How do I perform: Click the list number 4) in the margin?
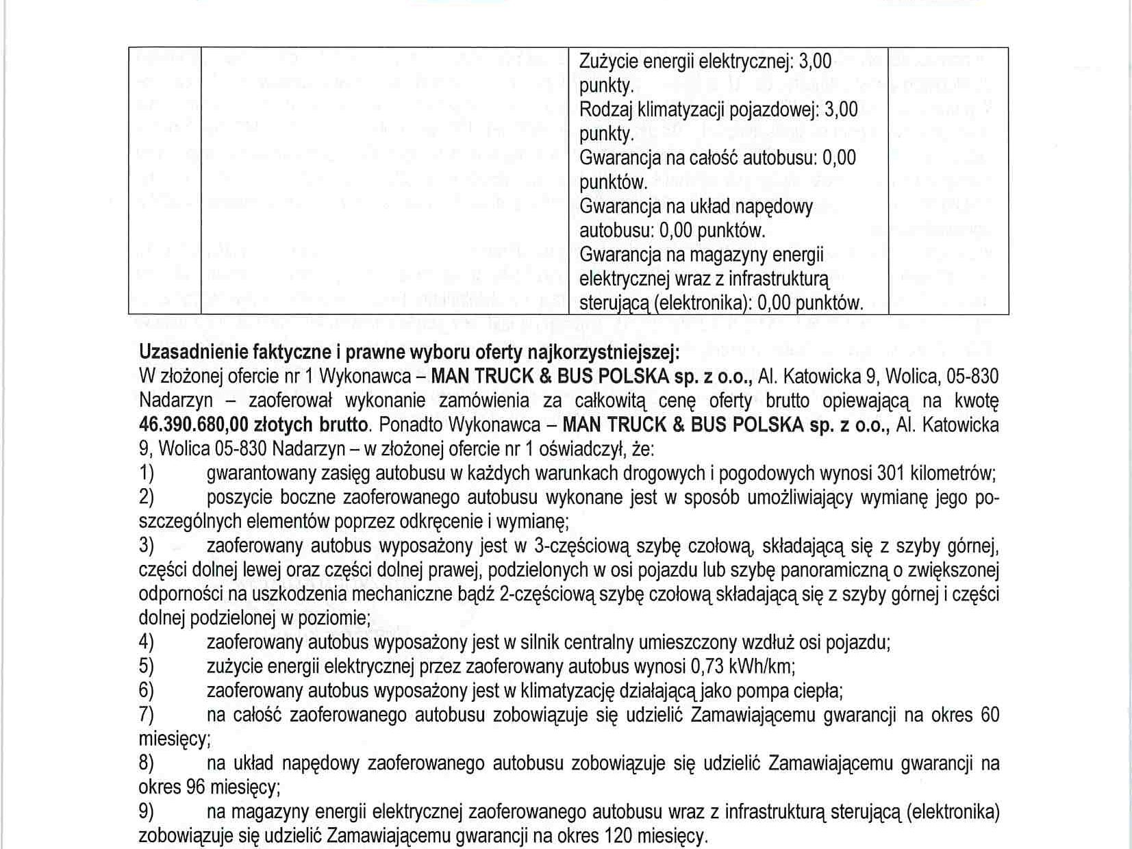pos(147,643)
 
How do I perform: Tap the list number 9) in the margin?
pos(147,812)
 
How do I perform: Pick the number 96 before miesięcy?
pos(195,787)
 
